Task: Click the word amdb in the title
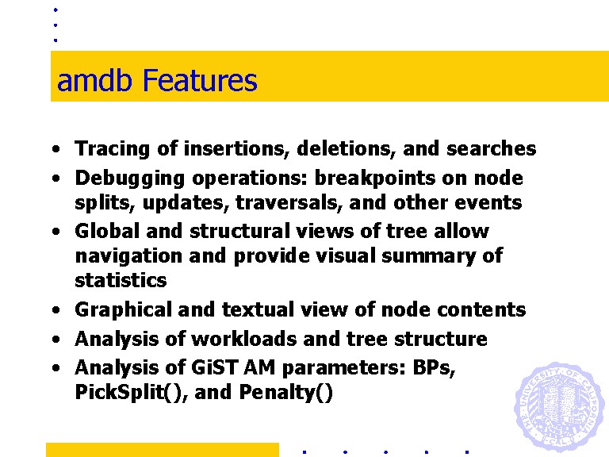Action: point(94,80)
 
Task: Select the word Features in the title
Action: point(200,80)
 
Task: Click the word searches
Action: point(492,149)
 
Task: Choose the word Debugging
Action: point(130,179)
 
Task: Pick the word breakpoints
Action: point(375,179)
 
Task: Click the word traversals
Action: point(289,203)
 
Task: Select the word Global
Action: point(107,231)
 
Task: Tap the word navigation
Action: point(129,256)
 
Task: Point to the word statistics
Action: point(121,280)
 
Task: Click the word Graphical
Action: point(124,310)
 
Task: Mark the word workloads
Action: point(244,339)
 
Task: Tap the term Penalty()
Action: point(285,392)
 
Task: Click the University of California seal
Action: point(559,407)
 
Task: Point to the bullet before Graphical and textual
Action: point(56,309)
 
